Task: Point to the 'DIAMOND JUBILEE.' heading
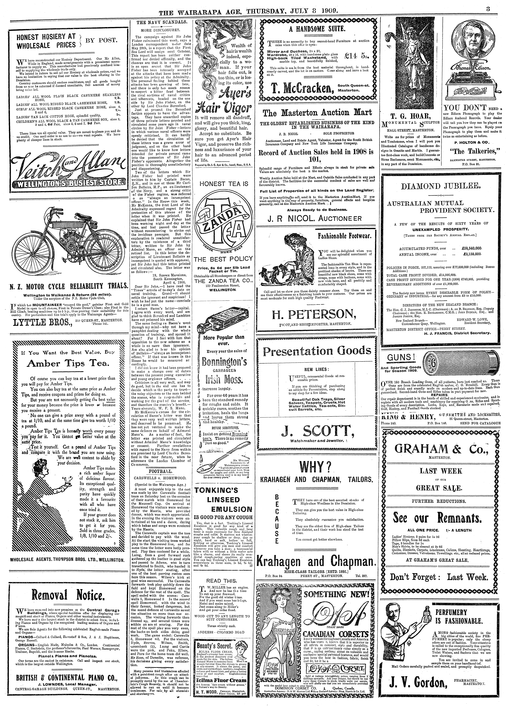(x=440, y=186)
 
